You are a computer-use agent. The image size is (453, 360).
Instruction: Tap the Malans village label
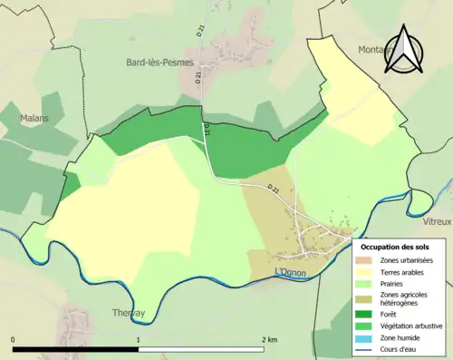tap(34, 118)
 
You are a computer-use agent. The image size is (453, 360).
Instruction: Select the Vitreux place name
tap(438, 221)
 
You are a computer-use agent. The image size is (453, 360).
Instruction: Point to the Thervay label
tap(129, 313)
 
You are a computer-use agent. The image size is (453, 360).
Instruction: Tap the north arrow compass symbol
tap(406, 51)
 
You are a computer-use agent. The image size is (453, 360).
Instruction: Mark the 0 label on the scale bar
tap(13, 339)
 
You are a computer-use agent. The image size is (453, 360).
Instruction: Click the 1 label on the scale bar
tap(138, 339)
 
